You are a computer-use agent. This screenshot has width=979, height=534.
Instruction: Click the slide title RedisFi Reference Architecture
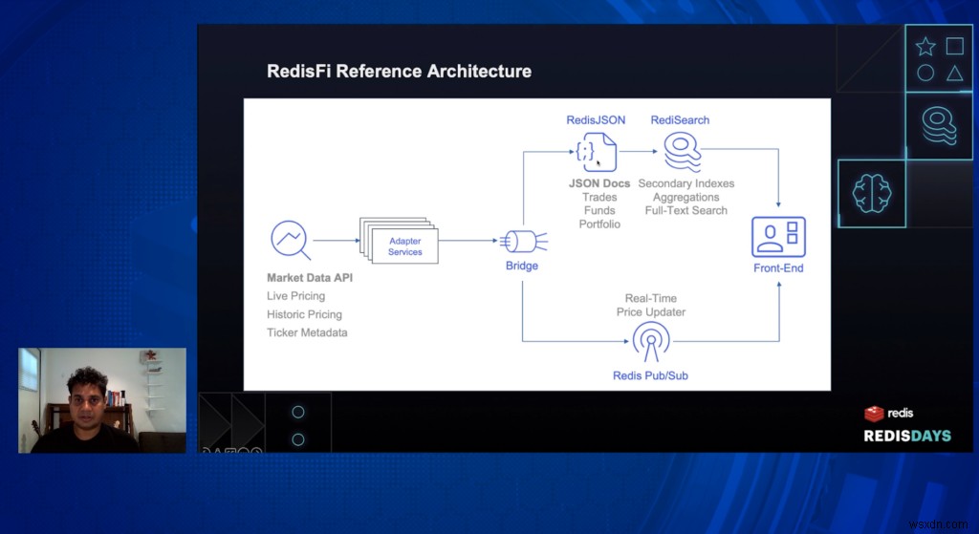399,71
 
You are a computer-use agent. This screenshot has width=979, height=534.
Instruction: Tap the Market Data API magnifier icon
290,240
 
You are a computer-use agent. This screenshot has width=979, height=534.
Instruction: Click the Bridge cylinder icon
522,240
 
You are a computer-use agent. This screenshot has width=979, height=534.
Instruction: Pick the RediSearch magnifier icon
681,151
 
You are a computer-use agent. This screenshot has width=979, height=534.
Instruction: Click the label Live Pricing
295,296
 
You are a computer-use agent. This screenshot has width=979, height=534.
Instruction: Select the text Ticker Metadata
307,332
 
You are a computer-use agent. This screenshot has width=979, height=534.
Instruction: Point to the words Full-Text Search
685,210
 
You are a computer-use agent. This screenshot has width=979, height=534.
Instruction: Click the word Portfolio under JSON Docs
599,224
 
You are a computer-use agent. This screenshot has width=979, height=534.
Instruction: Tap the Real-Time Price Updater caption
655,305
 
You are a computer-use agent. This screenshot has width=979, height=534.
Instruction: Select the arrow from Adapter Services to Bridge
468,241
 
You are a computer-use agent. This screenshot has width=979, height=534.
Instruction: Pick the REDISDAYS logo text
907,436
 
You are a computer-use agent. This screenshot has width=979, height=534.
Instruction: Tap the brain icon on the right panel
871,193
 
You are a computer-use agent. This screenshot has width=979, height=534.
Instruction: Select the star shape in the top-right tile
925,47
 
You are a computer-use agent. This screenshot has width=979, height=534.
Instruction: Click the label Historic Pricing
304,314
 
